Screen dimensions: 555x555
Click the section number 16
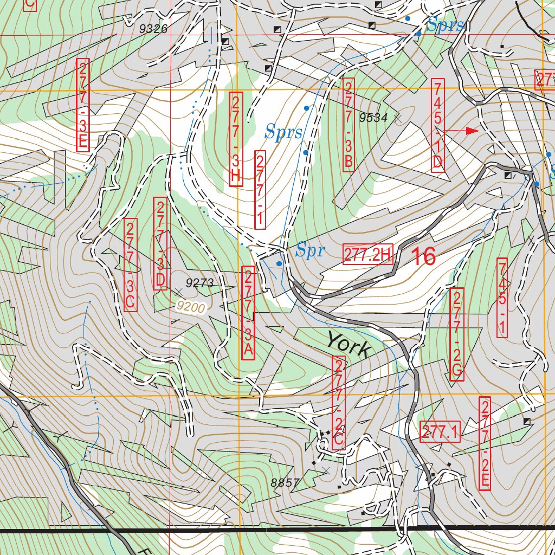point(423,256)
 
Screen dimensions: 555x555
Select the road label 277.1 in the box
point(440,433)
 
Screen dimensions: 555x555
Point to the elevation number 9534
point(373,117)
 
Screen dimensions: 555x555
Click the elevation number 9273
point(200,282)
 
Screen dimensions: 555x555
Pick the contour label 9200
point(190,307)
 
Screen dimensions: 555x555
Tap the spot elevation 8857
point(284,482)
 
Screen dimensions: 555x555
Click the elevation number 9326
point(153,29)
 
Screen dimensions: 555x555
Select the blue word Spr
point(311,250)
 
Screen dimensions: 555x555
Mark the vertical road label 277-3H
point(235,140)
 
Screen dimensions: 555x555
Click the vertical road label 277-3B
point(349,125)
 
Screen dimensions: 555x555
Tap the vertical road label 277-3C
point(130,264)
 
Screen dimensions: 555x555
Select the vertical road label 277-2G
point(457,334)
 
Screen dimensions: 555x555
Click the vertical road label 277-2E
point(485,444)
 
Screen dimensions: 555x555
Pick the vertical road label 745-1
point(502,298)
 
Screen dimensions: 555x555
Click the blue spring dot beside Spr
point(279,263)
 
